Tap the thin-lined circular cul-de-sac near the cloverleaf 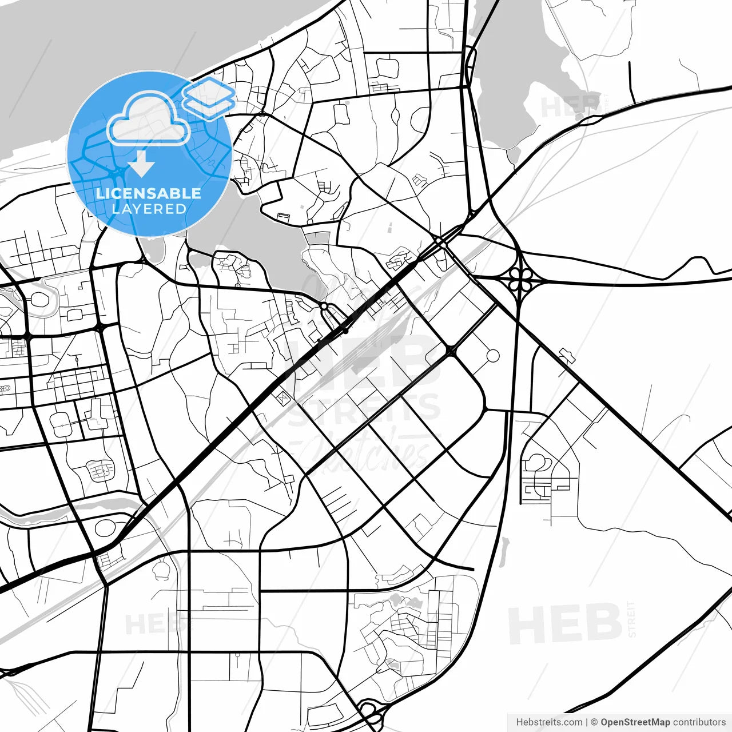tap(492, 356)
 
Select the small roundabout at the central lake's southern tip tap(324, 308)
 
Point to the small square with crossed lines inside tap(283, 397)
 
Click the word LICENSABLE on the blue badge tap(149, 193)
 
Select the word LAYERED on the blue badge tap(149, 209)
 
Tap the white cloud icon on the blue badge tap(149, 119)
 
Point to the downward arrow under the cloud tap(141, 164)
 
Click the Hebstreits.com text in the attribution tap(549, 722)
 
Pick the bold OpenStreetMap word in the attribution tap(635, 722)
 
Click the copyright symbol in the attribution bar tap(594, 722)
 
